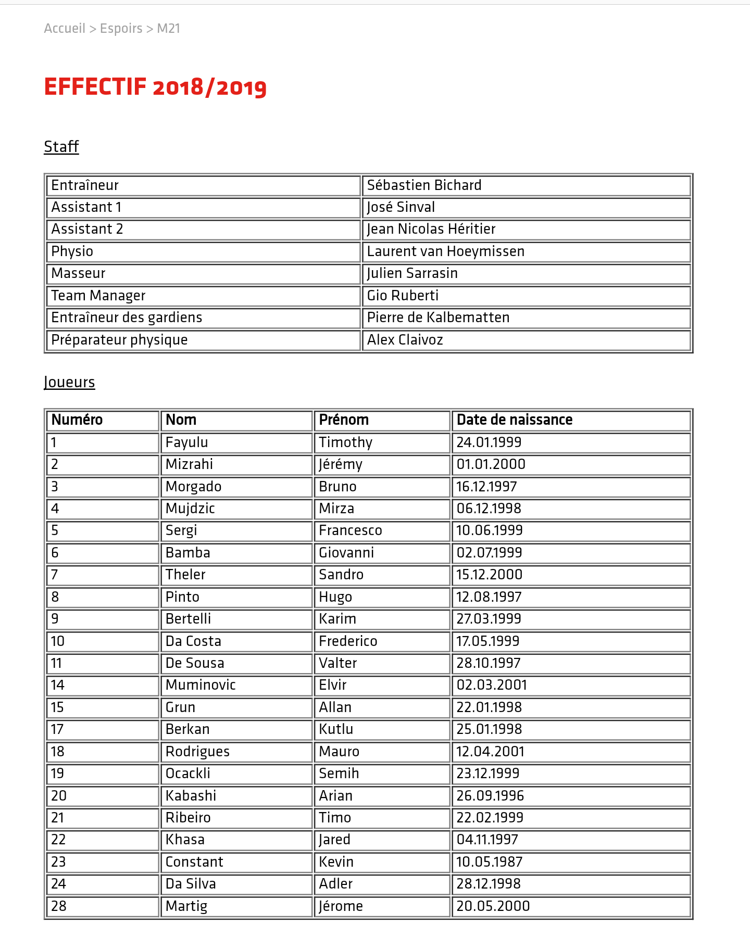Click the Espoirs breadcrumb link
click(x=121, y=29)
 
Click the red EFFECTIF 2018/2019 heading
click(x=155, y=87)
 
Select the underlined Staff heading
click(x=61, y=147)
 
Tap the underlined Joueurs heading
click(x=69, y=383)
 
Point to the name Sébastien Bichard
click(x=424, y=185)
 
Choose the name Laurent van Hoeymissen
click(x=445, y=251)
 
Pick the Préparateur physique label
click(x=119, y=340)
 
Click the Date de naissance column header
click(x=514, y=420)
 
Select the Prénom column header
click(x=344, y=420)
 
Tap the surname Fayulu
click(x=186, y=442)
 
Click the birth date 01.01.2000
click(x=491, y=464)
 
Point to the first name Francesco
click(x=351, y=530)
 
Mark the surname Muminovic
click(x=201, y=685)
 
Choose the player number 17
click(x=57, y=729)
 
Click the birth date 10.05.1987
click(x=489, y=862)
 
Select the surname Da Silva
click(x=191, y=884)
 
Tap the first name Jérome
click(x=341, y=906)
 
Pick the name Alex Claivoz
click(x=405, y=340)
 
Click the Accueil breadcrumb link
click(x=65, y=29)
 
